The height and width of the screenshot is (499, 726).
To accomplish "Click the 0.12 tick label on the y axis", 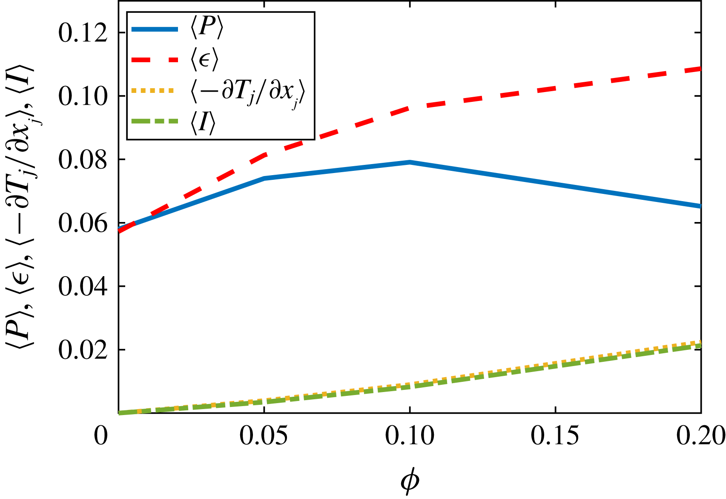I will (x=83, y=33).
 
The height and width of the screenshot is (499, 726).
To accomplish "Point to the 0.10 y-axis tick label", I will (x=83, y=97).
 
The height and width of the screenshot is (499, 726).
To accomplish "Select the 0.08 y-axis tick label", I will (x=83, y=160).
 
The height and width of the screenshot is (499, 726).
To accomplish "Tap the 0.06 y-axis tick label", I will (x=83, y=224).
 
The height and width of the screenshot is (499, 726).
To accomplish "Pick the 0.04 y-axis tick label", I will (x=83, y=287).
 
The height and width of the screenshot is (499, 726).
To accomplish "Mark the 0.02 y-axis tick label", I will (x=83, y=350).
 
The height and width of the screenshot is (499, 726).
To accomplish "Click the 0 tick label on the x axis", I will (x=101, y=436).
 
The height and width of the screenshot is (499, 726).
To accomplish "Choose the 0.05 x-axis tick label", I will (x=264, y=436).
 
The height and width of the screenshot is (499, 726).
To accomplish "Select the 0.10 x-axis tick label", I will (x=410, y=436).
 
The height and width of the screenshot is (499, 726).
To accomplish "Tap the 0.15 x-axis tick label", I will (x=555, y=436).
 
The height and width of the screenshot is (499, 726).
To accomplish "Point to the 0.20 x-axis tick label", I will (x=701, y=436).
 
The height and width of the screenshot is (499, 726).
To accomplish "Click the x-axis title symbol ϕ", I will (x=410, y=481).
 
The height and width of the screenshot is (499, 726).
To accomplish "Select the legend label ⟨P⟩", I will (x=207, y=29).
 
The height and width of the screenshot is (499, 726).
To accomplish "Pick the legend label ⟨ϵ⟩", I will (x=204, y=60).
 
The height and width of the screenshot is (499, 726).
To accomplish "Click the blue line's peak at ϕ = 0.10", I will (x=410, y=162).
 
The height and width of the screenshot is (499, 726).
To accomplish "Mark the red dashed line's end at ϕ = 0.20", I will (x=700, y=69).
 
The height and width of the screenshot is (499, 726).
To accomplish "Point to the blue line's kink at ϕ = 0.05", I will (x=264, y=178).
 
